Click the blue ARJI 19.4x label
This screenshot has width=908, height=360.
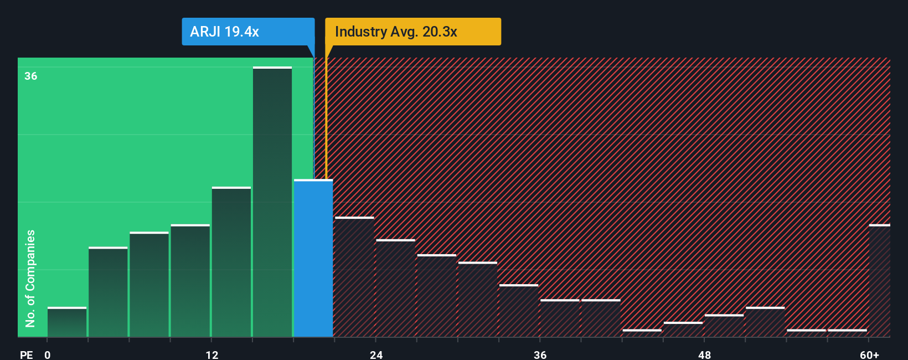[x=247, y=32]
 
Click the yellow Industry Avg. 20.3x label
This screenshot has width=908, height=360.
[x=412, y=32]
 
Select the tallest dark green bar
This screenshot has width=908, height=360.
[x=272, y=202]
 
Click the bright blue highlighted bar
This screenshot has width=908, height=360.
[x=313, y=258]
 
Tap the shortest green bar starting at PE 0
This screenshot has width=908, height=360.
[x=67, y=322]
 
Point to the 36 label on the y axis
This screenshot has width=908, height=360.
[x=31, y=76]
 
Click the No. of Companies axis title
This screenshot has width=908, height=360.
[x=30, y=278]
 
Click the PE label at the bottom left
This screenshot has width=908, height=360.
[x=26, y=354]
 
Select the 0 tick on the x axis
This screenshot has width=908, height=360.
[x=48, y=354]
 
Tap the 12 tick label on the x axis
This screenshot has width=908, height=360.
[x=212, y=354]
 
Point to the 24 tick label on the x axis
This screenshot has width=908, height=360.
[x=376, y=354]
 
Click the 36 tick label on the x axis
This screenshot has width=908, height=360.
[x=540, y=354]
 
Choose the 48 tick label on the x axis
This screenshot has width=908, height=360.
[x=704, y=354]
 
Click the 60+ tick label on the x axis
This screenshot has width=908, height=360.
[x=869, y=354]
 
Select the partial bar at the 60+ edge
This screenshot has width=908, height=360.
[x=880, y=281]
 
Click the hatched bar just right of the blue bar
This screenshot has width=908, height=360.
[x=354, y=277]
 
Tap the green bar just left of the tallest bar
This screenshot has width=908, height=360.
[x=231, y=262]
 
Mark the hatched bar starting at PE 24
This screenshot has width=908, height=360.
[x=395, y=288]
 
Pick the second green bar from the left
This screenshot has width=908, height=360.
[x=108, y=292]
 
